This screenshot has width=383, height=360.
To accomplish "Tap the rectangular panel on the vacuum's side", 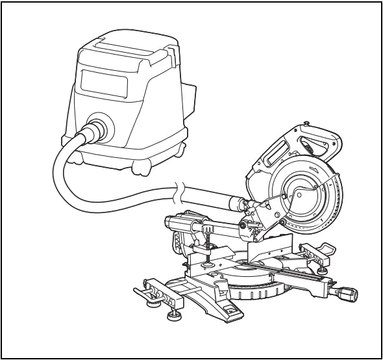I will [102, 83].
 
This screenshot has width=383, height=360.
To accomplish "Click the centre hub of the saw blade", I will [299, 193].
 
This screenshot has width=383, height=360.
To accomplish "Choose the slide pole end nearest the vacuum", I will [174, 222].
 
